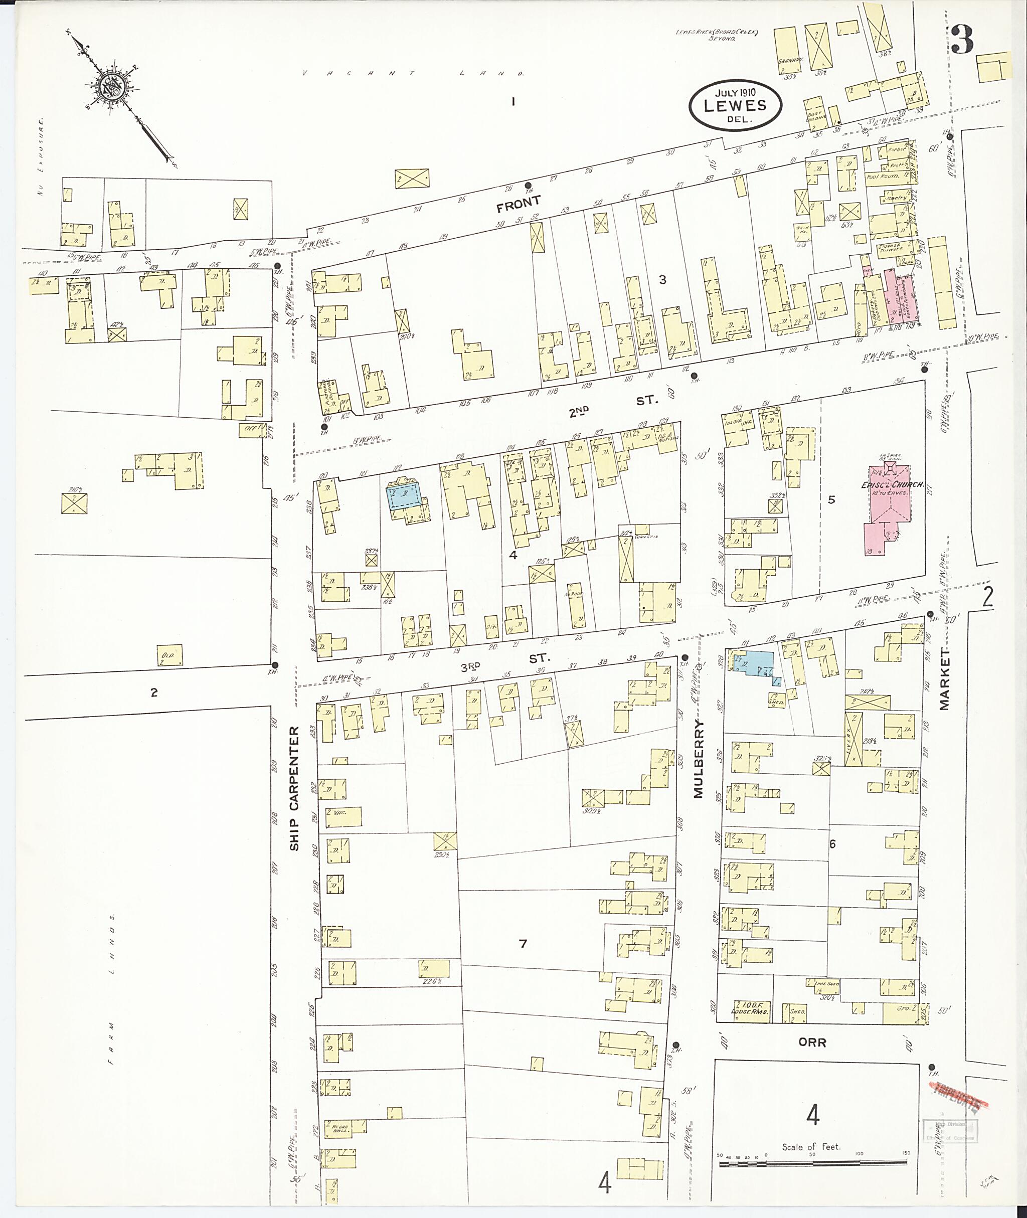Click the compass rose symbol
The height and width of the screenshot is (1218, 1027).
[112, 87]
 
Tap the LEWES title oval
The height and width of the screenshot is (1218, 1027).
[735, 105]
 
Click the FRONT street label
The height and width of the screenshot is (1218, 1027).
[519, 202]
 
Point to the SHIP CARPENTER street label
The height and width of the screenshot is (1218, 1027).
[294, 788]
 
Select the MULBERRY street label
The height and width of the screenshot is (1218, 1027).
[699, 759]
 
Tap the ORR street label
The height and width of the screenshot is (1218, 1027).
[812, 1042]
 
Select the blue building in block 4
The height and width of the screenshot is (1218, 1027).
[405, 496]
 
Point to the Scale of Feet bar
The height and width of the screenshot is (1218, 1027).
[813, 1164]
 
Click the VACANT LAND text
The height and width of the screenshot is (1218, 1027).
[413, 74]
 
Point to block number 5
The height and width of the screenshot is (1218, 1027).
[831, 499]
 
